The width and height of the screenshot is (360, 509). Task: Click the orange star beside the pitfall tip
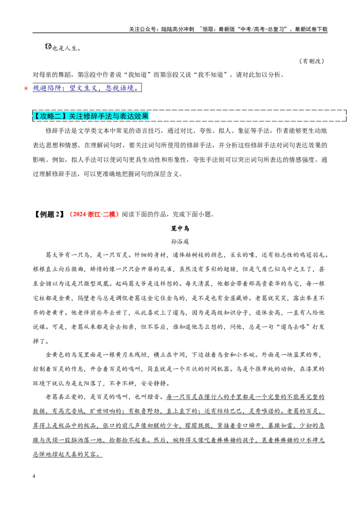26,88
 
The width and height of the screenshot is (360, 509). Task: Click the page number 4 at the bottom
34,476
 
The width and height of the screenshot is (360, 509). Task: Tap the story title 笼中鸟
180,228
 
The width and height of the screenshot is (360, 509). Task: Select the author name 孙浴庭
180,241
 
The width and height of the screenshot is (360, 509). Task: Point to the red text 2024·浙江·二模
94,214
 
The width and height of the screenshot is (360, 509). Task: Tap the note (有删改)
312,61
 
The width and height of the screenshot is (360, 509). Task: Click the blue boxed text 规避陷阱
47,88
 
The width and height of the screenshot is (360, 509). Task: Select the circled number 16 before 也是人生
48,47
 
